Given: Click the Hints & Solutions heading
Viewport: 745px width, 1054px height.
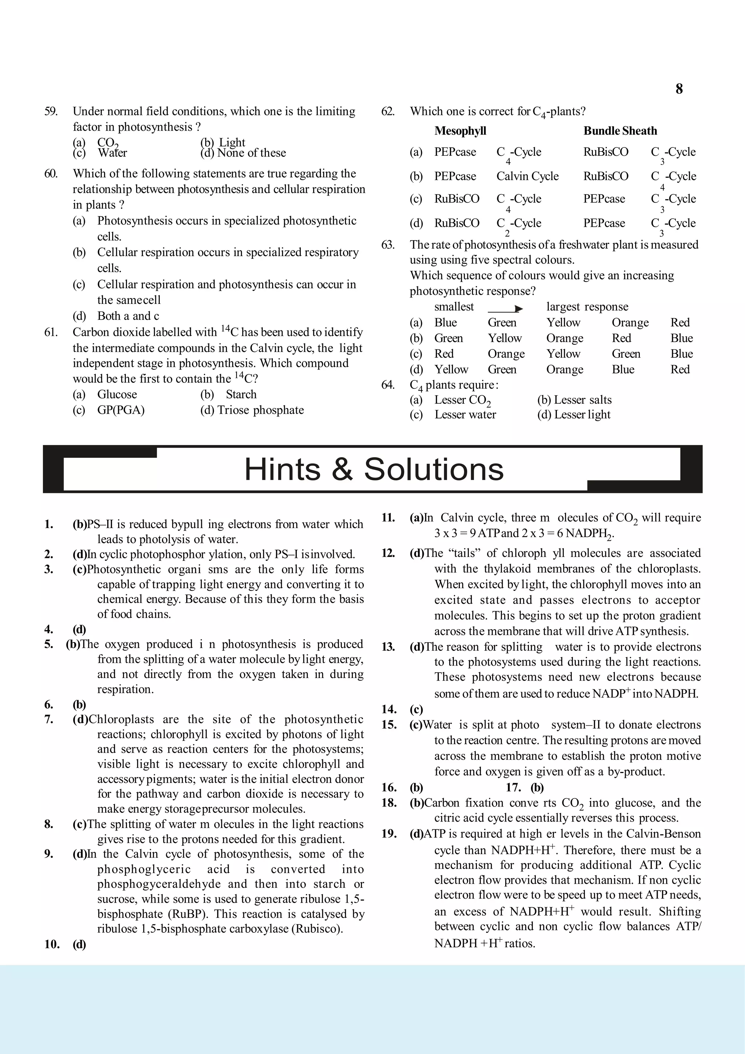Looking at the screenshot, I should (374, 469).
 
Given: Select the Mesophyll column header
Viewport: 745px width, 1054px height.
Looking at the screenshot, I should (460, 131).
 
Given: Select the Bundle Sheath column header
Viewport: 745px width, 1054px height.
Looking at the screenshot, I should (620, 131).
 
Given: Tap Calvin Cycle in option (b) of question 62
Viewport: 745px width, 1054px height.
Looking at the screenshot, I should (527, 176).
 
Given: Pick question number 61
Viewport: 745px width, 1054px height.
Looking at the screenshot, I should (51, 332).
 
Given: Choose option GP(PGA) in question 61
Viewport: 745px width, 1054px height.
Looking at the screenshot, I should (121, 410).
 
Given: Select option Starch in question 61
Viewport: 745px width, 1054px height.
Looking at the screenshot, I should (241, 394).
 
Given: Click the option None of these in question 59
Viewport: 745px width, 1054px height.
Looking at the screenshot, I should (251, 153).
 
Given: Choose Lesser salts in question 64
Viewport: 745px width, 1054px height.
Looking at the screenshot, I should (582, 400).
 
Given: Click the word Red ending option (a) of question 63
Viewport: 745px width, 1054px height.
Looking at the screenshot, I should (680, 323).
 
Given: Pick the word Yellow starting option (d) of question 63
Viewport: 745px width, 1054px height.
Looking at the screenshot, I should (451, 369).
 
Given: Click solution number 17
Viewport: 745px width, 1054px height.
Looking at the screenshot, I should (513, 788).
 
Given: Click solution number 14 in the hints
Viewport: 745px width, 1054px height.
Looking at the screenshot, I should (389, 709).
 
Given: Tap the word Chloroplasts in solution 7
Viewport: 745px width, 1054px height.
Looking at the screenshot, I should (121, 719).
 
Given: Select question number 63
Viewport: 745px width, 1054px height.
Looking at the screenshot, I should (388, 245).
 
